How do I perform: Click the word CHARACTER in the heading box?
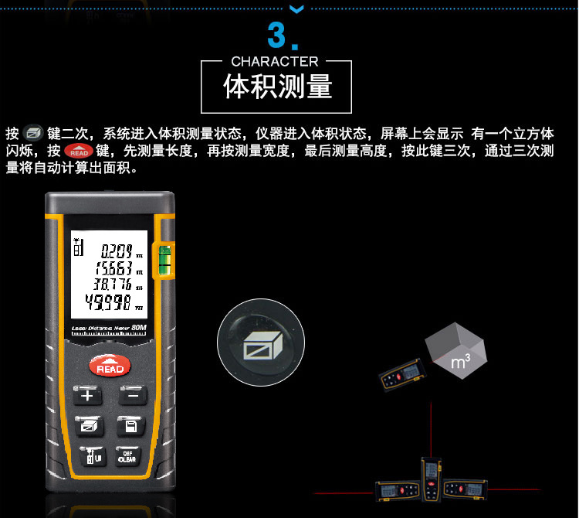coord(275,61)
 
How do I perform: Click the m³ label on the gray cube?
coord(461,361)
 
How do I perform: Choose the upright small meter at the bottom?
coord(430,480)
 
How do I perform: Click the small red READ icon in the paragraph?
coord(78,150)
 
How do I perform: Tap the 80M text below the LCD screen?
coord(139,328)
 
